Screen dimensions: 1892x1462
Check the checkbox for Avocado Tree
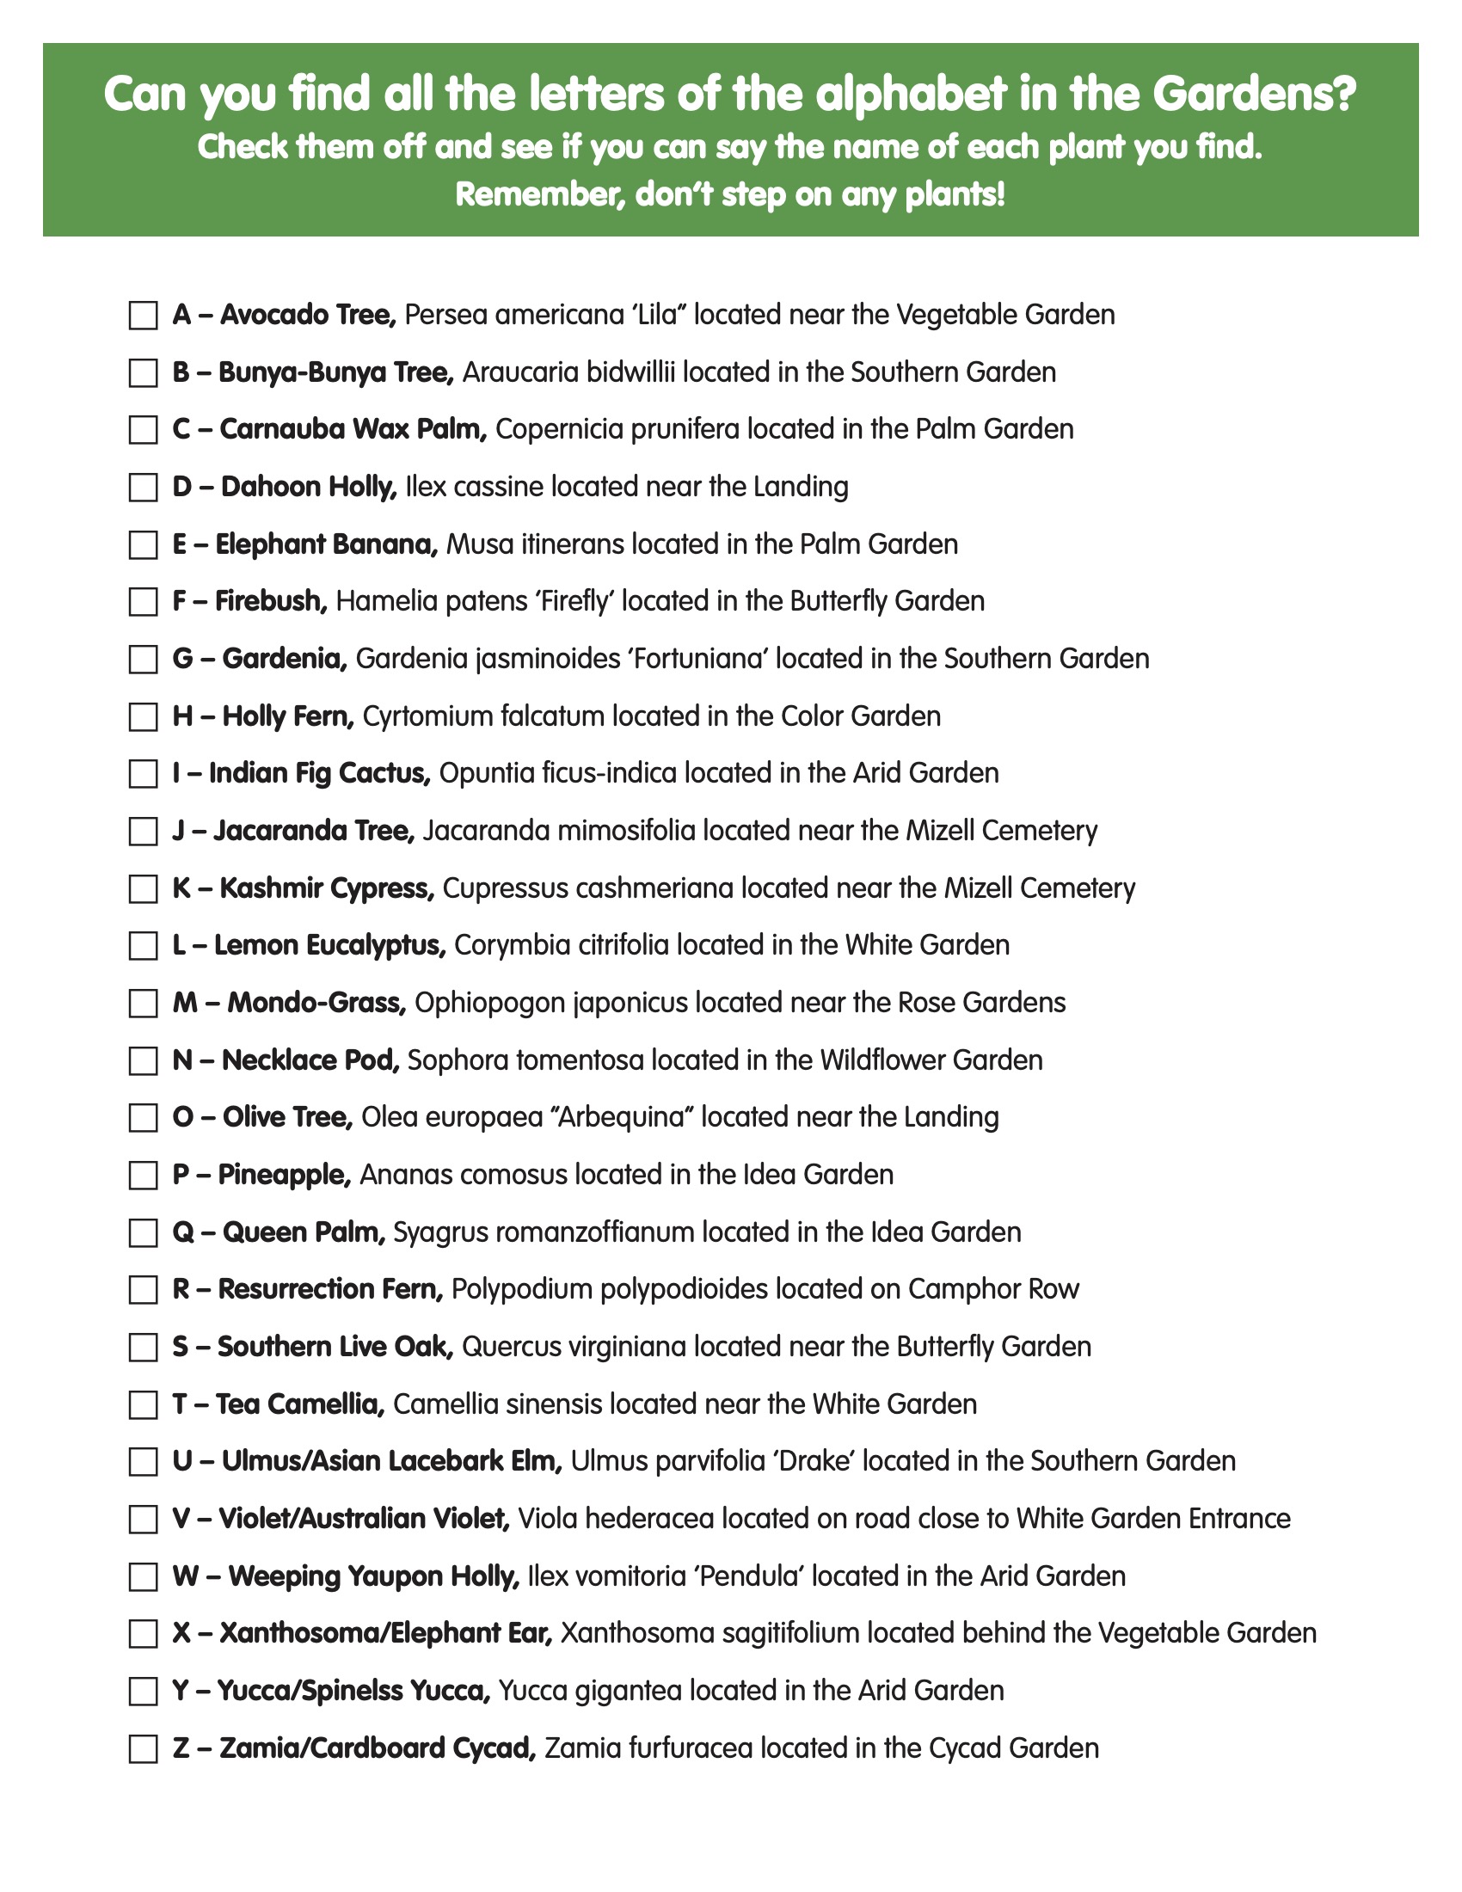coord(143,316)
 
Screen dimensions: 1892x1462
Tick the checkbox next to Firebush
coord(143,602)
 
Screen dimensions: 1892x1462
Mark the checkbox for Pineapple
coord(143,1176)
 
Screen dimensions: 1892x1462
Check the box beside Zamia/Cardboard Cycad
coord(143,1749)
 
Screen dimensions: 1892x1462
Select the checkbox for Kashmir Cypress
coord(143,889)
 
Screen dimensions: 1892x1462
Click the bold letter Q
coord(182,1232)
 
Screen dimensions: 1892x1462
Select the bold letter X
coord(181,1634)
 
